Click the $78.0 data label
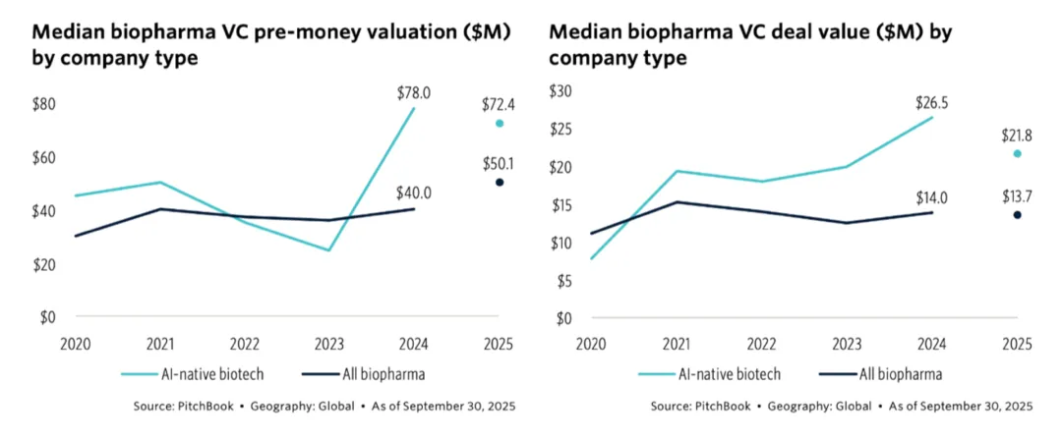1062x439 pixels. tap(414, 93)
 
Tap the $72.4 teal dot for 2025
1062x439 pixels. tap(500, 123)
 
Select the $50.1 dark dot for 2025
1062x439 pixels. tap(500, 182)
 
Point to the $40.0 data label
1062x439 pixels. tap(414, 193)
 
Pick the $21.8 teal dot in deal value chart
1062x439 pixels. tap(1018, 153)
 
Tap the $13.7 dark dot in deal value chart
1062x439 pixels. tap(1018, 214)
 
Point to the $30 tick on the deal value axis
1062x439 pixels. tap(560, 91)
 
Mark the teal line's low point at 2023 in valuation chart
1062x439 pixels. tap(329, 249)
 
